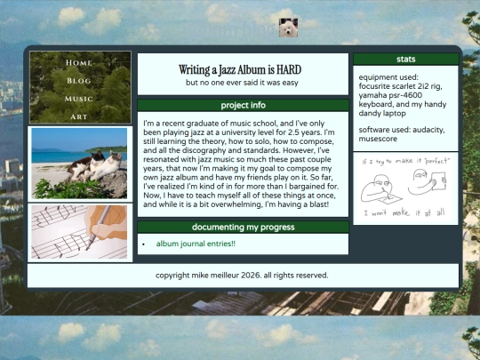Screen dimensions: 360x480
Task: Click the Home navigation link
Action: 79,63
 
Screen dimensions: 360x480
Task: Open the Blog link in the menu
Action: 79,81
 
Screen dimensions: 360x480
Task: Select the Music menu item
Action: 79,99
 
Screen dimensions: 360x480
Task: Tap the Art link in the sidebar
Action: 79,116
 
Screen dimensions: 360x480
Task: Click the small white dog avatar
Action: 287,28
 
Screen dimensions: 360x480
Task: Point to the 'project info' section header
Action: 243,105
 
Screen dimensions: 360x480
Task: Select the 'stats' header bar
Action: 405,60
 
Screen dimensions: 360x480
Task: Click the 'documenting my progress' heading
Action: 243,227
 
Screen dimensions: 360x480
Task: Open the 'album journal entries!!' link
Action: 196,244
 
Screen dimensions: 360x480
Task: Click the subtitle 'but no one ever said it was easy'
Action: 243,83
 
